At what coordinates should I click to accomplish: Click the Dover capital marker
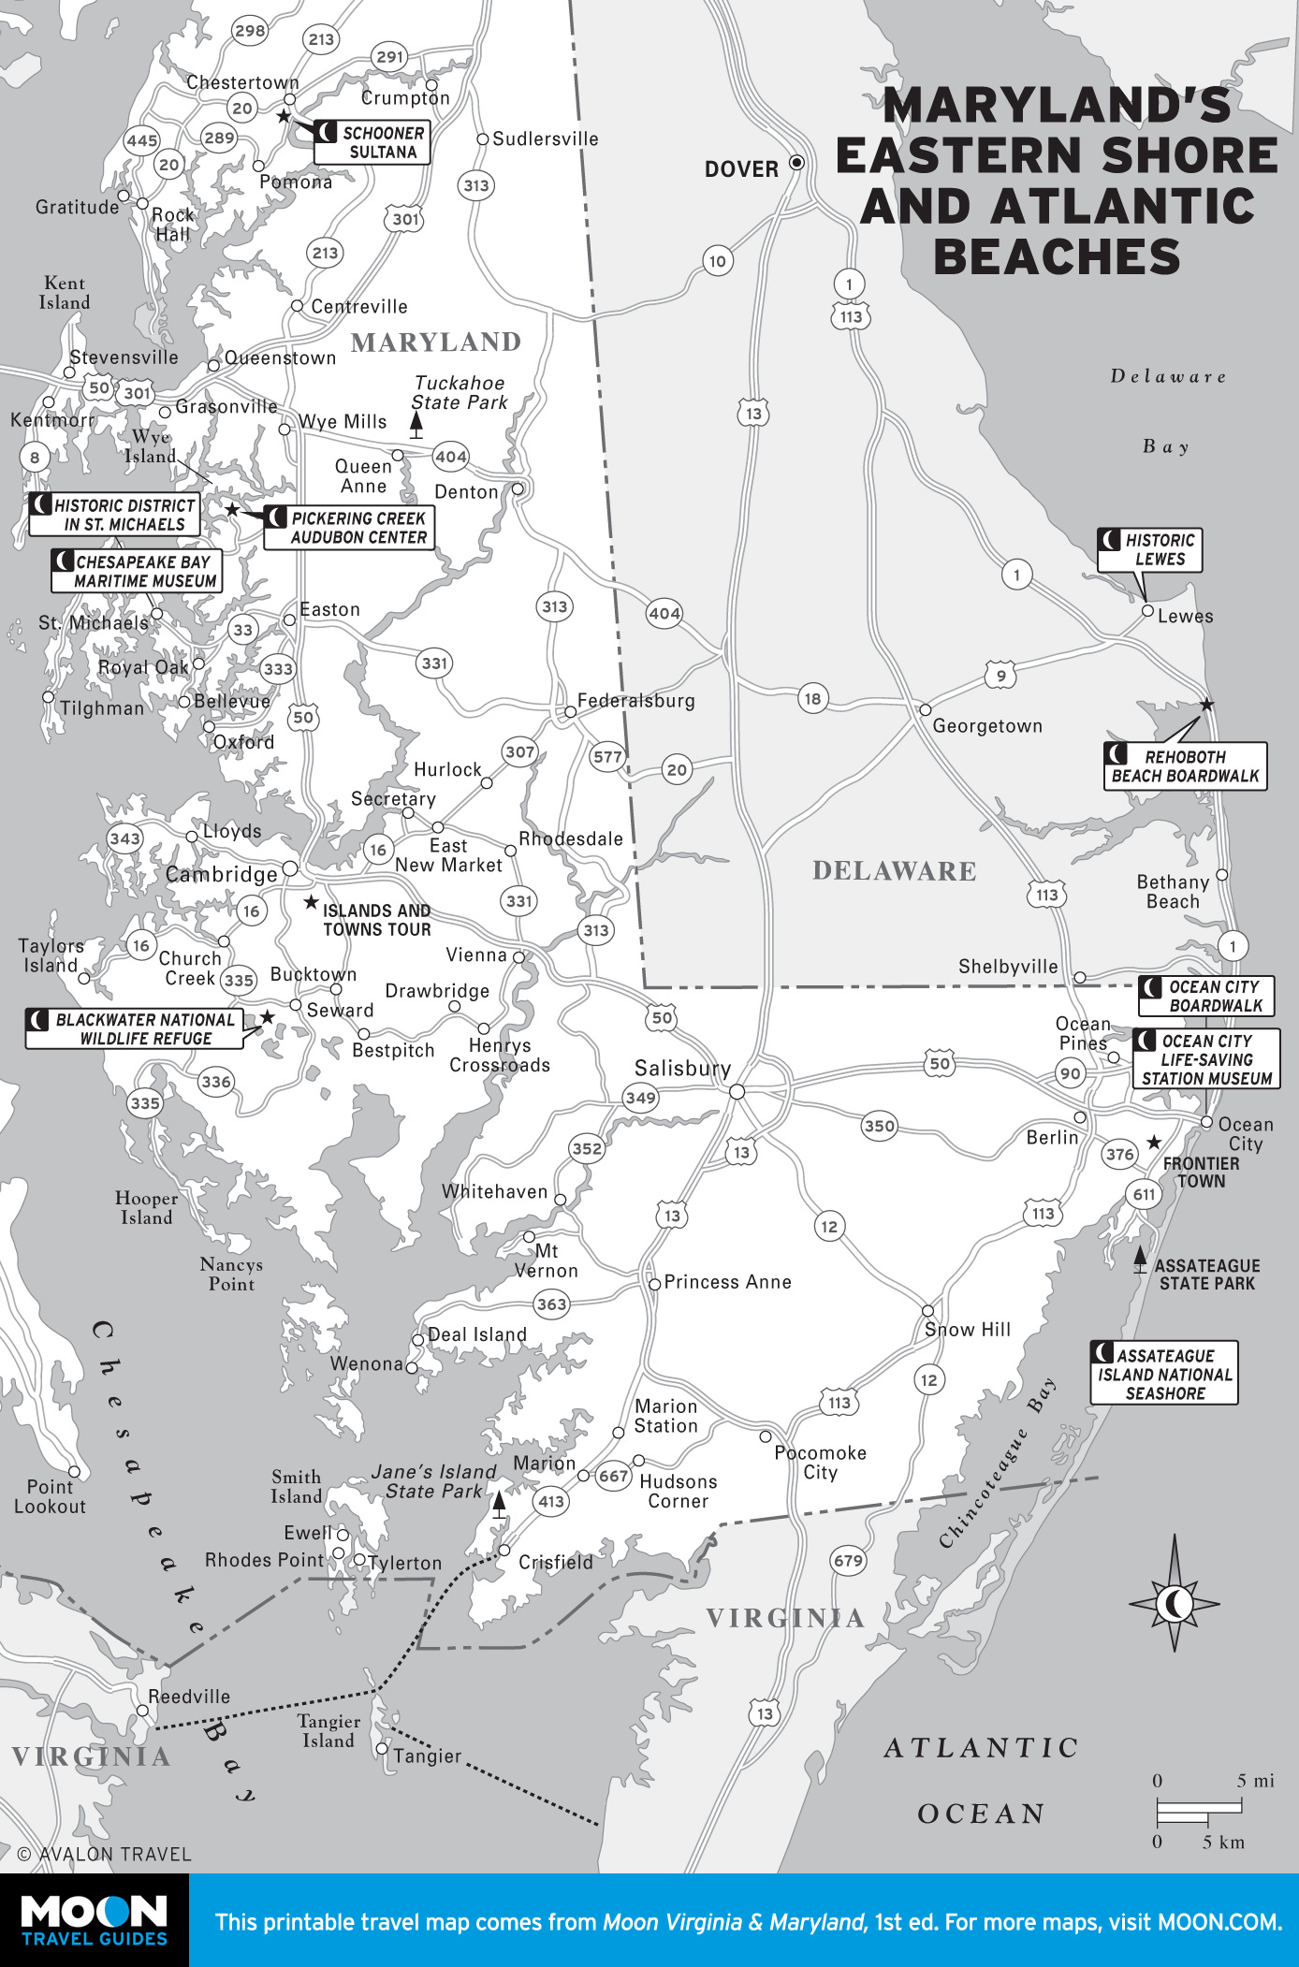tap(796, 163)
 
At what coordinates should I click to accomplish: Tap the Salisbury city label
tap(682, 1069)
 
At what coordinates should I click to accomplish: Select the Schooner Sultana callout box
tap(372, 142)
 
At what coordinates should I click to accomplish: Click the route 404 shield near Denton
tap(450, 457)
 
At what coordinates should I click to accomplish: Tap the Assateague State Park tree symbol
tap(1140, 1260)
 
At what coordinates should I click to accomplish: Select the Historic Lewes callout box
tap(1149, 550)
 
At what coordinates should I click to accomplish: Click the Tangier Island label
tap(328, 1731)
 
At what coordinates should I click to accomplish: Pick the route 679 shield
tap(848, 1561)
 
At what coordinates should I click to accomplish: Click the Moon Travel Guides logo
tap(94, 1920)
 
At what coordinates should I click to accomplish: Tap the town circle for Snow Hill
tap(927, 1311)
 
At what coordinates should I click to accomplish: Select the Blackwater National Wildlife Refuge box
tap(134, 1029)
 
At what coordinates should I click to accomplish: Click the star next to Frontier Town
tap(1154, 1143)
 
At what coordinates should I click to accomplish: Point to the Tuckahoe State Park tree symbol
tap(416, 427)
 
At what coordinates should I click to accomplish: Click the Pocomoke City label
tap(820, 1463)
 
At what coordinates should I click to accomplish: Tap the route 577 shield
tap(607, 757)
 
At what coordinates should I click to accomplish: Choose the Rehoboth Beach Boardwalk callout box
tap(1185, 766)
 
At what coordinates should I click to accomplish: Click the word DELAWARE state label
tap(894, 871)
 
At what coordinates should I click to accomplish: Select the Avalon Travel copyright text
tap(104, 1854)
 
